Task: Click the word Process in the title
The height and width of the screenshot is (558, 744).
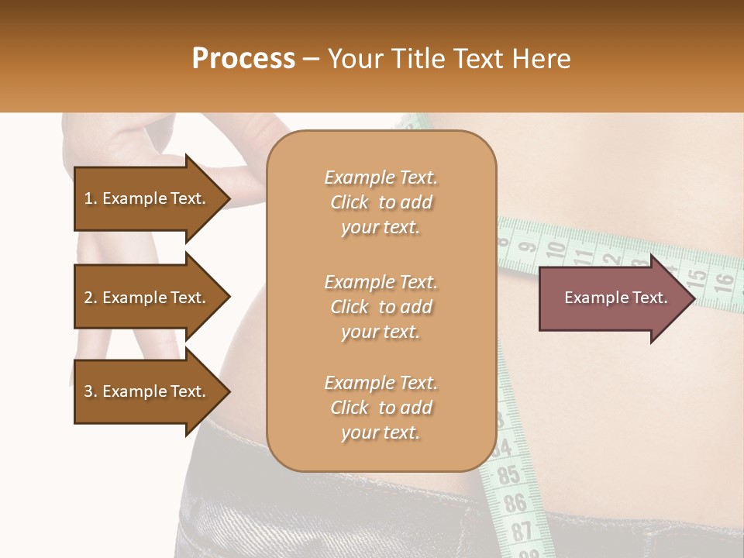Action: click(243, 59)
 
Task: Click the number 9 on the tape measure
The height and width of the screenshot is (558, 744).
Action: click(528, 248)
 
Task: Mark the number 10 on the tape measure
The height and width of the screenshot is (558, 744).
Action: click(555, 250)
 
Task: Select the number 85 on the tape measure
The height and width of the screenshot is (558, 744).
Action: click(508, 474)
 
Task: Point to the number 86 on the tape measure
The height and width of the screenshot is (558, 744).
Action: click(514, 503)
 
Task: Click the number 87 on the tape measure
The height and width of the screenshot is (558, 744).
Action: click(522, 531)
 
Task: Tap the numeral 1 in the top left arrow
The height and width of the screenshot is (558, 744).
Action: click(88, 198)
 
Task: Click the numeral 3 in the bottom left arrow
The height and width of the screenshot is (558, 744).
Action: click(88, 391)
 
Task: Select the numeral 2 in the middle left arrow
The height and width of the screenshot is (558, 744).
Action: click(88, 298)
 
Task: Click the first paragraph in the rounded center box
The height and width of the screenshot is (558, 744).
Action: click(381, 202)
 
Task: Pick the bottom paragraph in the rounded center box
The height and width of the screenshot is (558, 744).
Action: click(381, 408)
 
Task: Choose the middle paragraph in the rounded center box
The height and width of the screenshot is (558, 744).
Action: click(381, 307)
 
